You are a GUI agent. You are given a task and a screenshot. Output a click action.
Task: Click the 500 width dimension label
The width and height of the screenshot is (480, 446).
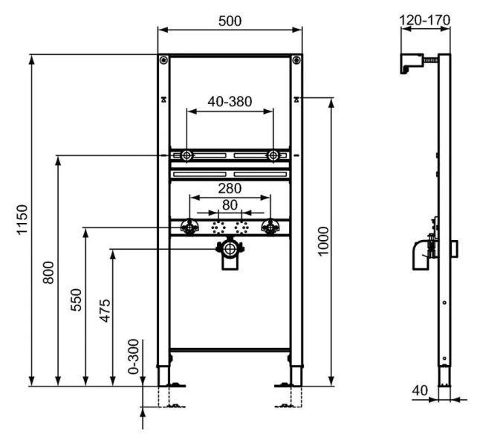point(230,22)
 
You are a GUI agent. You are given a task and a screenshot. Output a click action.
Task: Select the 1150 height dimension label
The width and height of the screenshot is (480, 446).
point(22,220)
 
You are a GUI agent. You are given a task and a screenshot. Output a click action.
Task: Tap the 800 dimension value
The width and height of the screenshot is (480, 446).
point(48,273)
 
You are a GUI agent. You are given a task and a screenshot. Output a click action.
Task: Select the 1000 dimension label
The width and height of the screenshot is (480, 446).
point(322,242)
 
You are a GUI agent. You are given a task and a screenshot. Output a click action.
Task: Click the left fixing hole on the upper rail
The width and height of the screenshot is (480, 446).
point(185,155)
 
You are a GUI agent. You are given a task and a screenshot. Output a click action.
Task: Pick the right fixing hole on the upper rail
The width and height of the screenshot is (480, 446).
point(274,155)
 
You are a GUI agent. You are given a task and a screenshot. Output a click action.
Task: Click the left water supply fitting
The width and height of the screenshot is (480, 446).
point(190,227)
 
